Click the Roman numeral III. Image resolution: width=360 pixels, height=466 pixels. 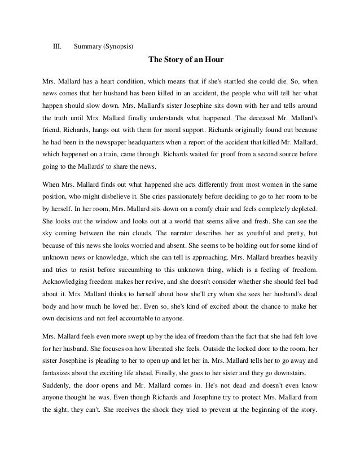click(x=56, y=46)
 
